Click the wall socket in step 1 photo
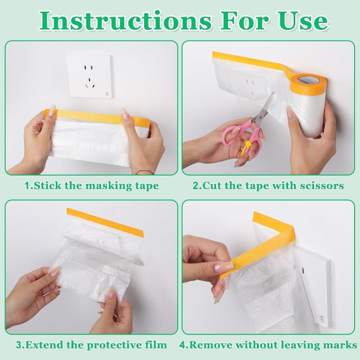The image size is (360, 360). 89,76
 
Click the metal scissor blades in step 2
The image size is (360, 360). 264,110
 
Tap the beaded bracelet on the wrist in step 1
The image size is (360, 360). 144,171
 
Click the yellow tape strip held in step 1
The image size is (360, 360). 96,115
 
